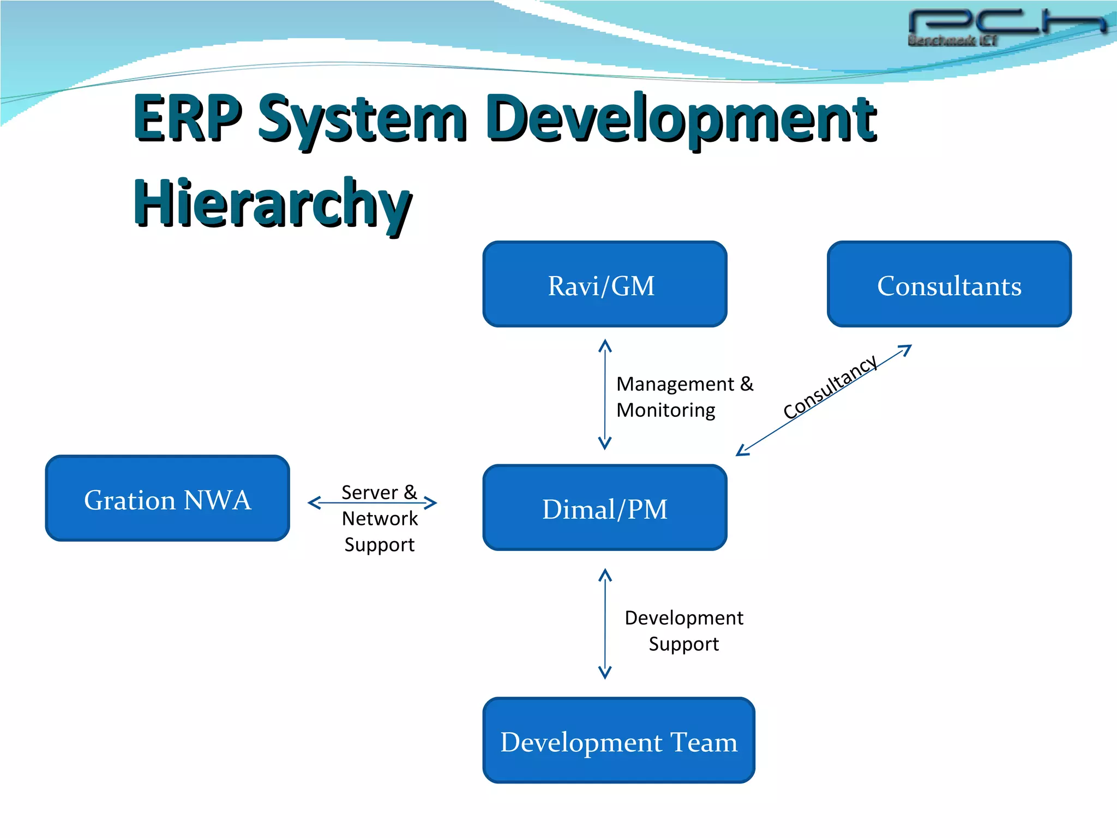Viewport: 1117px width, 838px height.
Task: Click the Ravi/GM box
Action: point(604,284)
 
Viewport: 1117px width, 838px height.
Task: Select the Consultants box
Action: point(949,284)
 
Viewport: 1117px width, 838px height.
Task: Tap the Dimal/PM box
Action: point(604,508)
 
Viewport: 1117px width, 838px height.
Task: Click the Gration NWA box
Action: point(167,498)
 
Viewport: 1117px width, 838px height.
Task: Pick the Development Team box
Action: point(618,740)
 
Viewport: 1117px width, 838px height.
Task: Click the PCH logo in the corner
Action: point(1006,25)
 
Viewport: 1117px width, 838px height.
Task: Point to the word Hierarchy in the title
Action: point(272,203)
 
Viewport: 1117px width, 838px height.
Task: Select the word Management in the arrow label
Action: point(675,384)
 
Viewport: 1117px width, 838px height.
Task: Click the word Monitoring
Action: point(665,410)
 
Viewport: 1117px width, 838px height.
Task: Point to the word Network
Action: point(380,518)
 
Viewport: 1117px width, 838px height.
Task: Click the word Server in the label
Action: point(369,493)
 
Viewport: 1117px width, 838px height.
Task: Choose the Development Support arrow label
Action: point(683,631)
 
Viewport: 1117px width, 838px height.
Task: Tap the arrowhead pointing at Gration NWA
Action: point(314,502)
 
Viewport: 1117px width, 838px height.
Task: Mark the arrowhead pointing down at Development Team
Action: point(605,672)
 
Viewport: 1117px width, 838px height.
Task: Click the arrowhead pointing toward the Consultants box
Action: point(905,350)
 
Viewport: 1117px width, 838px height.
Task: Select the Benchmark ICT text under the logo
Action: point(952,40)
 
